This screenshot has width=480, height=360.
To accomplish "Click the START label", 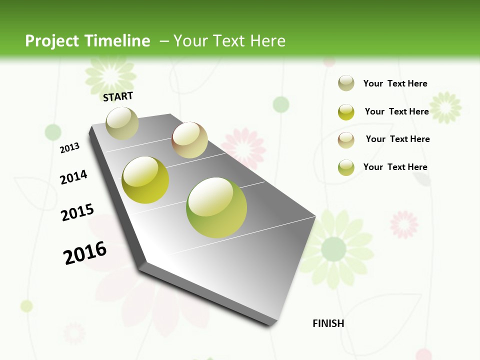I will tap(118, 96).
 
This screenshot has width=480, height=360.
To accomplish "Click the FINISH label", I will tap(328, 323).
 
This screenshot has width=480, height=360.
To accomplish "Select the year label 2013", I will tap(69, 147).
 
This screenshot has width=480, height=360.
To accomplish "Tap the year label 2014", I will tap(73, 177).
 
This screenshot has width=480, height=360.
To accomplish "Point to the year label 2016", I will tap(85, 253).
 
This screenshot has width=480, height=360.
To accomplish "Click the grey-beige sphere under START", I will tap(122, 123).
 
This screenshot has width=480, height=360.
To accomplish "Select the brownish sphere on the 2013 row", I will tap(189, 140).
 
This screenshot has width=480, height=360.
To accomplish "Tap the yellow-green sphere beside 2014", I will tap(145, 180).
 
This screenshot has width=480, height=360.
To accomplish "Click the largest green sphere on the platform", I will tap(216, 207).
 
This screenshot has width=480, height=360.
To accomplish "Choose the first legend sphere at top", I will tap(346, 83).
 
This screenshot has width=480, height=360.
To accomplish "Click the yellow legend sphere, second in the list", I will tap(346, 111).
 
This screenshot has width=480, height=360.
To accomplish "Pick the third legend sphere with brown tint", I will tap(346, 139).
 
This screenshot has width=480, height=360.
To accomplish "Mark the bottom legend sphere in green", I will tap(346, 167).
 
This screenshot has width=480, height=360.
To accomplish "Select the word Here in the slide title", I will tap(267, 41).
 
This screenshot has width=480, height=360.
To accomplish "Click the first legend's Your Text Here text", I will tap(395, 83).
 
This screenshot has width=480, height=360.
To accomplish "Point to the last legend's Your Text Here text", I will tap(395, 167).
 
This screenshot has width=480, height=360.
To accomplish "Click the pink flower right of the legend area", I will tap(404, 224).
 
